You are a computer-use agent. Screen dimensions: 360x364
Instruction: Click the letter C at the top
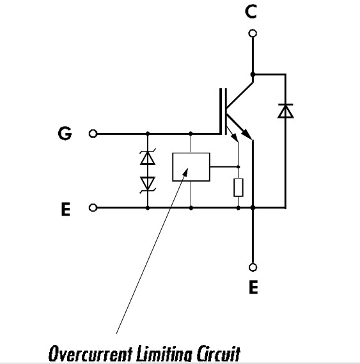(251, 12)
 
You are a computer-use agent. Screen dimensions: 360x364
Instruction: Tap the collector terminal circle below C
(253, 33)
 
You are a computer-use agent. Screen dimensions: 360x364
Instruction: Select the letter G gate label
(65, 133)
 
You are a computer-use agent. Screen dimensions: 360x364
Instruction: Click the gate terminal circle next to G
(93, 134)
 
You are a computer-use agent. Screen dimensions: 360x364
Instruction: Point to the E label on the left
(65, 209)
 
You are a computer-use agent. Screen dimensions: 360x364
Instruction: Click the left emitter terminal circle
(93, 207)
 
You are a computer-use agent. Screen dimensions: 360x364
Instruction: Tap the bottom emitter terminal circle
(253, 267)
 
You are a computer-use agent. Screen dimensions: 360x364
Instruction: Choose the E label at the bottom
(253, 287)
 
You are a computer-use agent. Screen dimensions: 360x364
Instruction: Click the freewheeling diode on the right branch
(285, 111)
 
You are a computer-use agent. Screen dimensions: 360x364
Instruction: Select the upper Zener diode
(148, 157)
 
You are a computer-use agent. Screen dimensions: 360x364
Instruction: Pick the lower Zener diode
(148, 184)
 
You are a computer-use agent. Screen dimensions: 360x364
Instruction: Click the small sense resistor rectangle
(239, 187)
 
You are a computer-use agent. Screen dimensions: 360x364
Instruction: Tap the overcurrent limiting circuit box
(191, 167)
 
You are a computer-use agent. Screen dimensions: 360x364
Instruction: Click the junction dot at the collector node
(253, 74)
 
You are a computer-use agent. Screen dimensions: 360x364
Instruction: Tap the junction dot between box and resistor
(238, 167)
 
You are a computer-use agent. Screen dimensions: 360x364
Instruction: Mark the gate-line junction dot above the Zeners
(148, 134)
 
